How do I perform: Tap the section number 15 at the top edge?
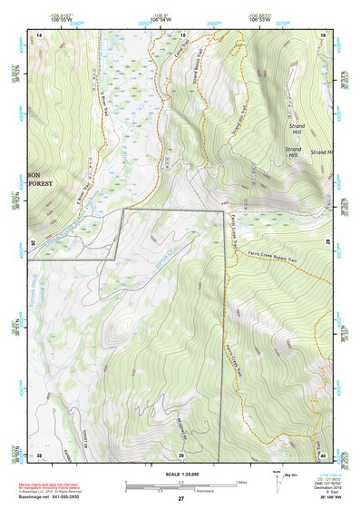(x=181, y=34)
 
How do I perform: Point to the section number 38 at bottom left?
(x=39, y=454)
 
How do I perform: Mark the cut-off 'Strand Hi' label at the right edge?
(x=321, y=152)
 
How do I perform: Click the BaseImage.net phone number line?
(x=57, y=498)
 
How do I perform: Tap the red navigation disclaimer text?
(x=57, y=484)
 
